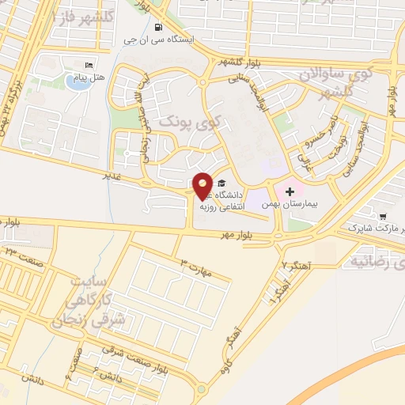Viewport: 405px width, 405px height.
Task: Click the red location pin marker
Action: (203, 185)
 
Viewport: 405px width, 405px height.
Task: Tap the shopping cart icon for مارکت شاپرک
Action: (384, 216)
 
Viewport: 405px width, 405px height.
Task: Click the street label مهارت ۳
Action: (196, 266)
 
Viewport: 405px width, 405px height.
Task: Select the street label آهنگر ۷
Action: (297, 263)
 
